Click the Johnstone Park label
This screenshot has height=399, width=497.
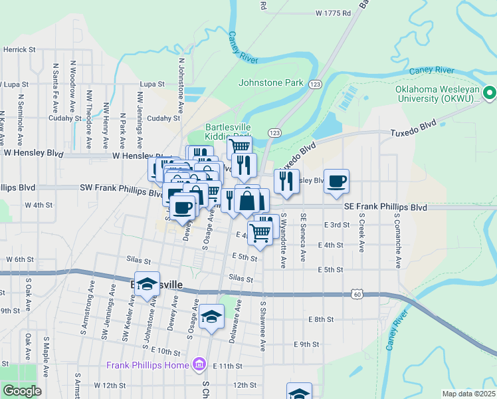coord(271,83)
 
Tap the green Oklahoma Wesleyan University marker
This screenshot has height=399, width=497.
coord(490,92)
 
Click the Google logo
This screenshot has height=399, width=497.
coord(22,391)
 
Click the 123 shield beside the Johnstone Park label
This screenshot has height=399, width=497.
coord(315,83)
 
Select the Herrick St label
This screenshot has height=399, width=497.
coord(19,50)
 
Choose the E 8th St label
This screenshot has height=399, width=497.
coord(321,320)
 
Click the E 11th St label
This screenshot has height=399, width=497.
coord(227,366)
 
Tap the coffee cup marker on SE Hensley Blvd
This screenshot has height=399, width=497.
coord(336,182)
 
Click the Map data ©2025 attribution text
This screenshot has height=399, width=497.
coord(468,394)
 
